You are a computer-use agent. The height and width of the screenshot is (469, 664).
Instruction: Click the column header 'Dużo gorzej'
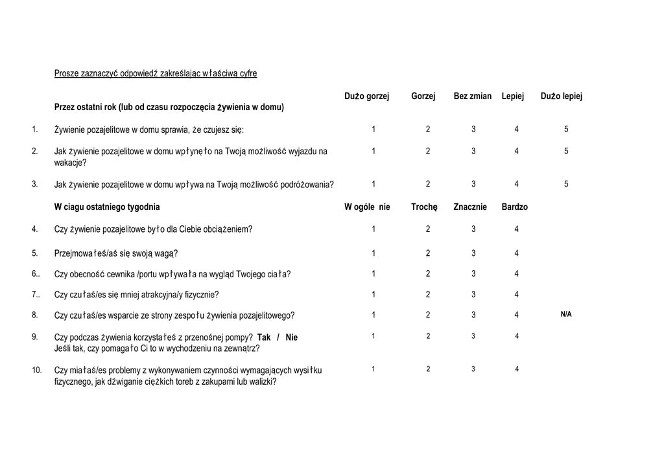[x=366, y=97]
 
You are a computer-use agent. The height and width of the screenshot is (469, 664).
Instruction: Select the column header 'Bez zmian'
[x=473, y=97]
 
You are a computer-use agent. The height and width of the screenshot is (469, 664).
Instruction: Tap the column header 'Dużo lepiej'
[x=562, y=97]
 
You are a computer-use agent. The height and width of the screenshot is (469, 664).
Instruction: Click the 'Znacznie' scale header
[x=470, y=207]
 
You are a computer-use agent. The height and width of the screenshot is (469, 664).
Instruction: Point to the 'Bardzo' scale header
[x=515, y=207]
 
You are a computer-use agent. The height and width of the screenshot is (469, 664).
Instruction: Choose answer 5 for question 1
[x=566, y=130]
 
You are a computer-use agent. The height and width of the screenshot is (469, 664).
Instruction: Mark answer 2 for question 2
[x=428, y=152]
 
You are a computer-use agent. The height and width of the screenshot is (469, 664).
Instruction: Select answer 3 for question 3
[x=473, y=184]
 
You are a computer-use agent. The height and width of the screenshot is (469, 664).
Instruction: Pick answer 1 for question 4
[x=373, y=229]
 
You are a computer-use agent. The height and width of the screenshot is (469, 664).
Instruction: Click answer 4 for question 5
[x=517, y=253]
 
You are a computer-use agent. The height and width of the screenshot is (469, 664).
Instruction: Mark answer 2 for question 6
[x=428, y=273]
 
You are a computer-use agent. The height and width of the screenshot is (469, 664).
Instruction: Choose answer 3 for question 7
[x=473, y=295]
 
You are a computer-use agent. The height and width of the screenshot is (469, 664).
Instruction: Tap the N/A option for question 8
[x=566, y=314]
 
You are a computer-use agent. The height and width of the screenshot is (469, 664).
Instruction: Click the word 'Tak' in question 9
[x=264, y=337]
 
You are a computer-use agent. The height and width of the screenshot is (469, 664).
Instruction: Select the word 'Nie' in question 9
[x=292, y=337]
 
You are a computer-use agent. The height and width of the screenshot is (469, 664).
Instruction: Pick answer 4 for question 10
[x=517, y=369]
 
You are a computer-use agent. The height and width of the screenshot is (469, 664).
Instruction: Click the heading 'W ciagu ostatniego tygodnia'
[x=107, y=207]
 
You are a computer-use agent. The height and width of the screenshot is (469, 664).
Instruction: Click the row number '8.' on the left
[x=35, y=315]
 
